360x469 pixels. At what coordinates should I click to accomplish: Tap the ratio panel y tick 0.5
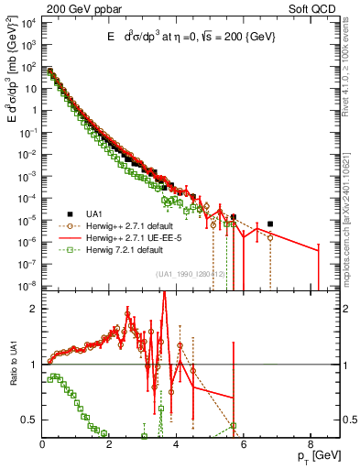pyautogui.click(x=30, y=420)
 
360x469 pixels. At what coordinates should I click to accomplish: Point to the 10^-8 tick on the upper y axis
pyautogui.click(x=28, y=285)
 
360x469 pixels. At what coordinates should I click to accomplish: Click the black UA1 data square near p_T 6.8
pyautogui.click(x=270, y=224)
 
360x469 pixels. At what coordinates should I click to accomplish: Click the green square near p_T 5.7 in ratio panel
pyautogui.click(x=234, y=425)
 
